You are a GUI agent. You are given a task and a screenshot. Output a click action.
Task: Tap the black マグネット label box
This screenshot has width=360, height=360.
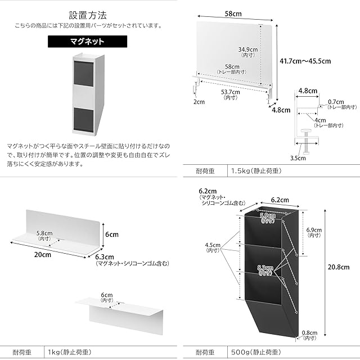point(83,42)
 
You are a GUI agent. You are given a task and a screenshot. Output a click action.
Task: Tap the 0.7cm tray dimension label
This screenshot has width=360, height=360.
point(340,103)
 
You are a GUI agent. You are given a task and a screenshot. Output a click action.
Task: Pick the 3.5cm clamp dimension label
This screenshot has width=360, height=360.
point(298,158)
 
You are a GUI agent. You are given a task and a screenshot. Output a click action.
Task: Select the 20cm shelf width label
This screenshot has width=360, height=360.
point(42,254)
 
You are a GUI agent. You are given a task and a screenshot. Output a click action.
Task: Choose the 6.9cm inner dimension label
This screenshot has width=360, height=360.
point(314,231)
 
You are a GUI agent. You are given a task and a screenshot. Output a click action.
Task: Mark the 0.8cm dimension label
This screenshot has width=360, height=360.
point(309,332)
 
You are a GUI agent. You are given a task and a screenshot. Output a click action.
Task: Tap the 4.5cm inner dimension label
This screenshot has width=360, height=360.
point(213,245)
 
